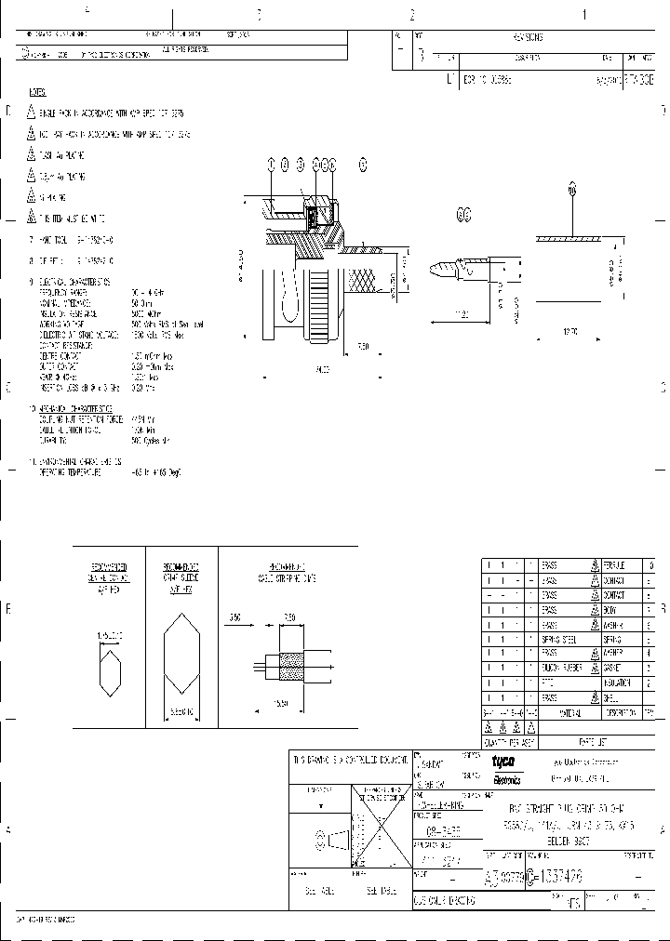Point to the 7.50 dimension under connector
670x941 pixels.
363,347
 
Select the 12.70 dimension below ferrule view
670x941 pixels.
570,331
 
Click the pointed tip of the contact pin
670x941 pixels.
435,272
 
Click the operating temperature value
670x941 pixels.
155,472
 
